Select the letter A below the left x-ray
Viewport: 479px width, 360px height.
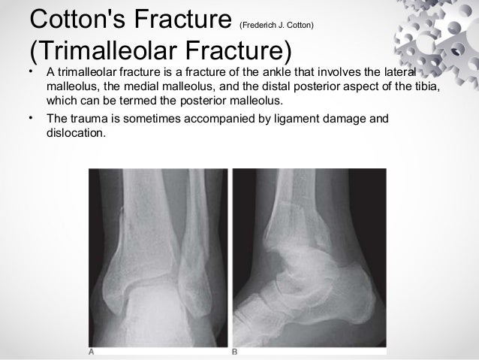point(92,351)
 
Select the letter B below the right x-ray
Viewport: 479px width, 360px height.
point(235,351)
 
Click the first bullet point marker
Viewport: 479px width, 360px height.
point(30,73)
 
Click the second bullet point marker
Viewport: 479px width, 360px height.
point(30,118)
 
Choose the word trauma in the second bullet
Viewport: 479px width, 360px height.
point(89,118)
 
